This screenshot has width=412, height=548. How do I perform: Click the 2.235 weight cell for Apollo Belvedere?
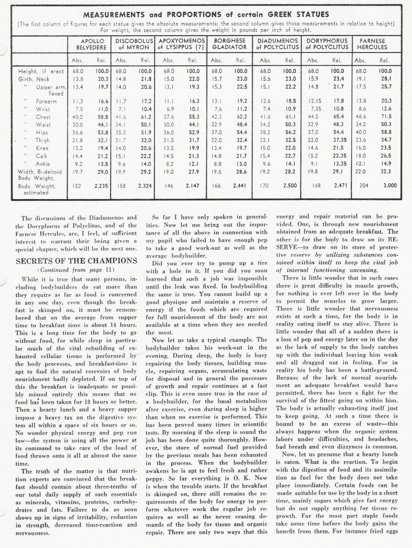(x=101, y=186)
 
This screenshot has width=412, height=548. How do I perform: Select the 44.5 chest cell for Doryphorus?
(x=313, y=116)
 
